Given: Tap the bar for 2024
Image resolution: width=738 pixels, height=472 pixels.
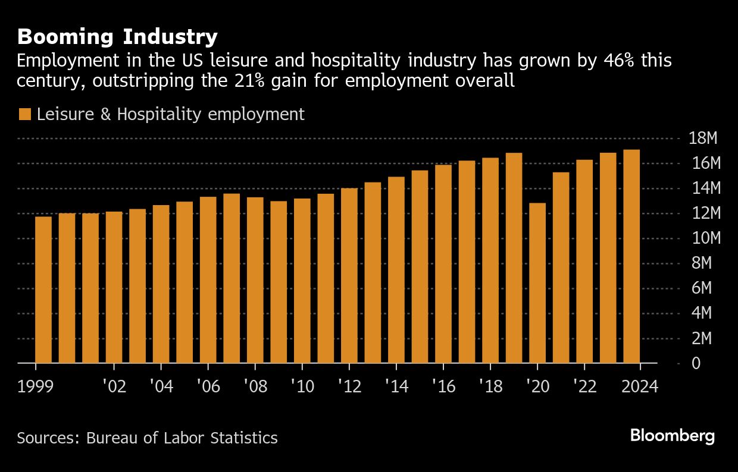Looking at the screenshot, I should [x=631, y=256].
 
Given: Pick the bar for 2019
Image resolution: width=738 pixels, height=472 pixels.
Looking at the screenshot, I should [x=514, y=258].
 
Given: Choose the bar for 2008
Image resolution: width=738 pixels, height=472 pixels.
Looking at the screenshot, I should [x=255, y=280].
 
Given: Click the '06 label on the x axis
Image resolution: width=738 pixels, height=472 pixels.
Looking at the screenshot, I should [x=208, y=386].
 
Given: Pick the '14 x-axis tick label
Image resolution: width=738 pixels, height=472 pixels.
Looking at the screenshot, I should [x=396, y=386].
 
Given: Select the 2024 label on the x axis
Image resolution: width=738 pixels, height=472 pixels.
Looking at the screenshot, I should [x=639, y=386].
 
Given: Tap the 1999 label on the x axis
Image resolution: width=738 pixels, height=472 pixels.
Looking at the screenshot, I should [x=36, y=386].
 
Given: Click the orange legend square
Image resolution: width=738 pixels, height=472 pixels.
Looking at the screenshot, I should [x=24, y=114].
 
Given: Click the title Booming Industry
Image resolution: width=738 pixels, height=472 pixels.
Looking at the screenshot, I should [x=117, y=37].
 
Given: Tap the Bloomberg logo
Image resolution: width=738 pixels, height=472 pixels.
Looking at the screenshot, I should [x=672, y=436].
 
